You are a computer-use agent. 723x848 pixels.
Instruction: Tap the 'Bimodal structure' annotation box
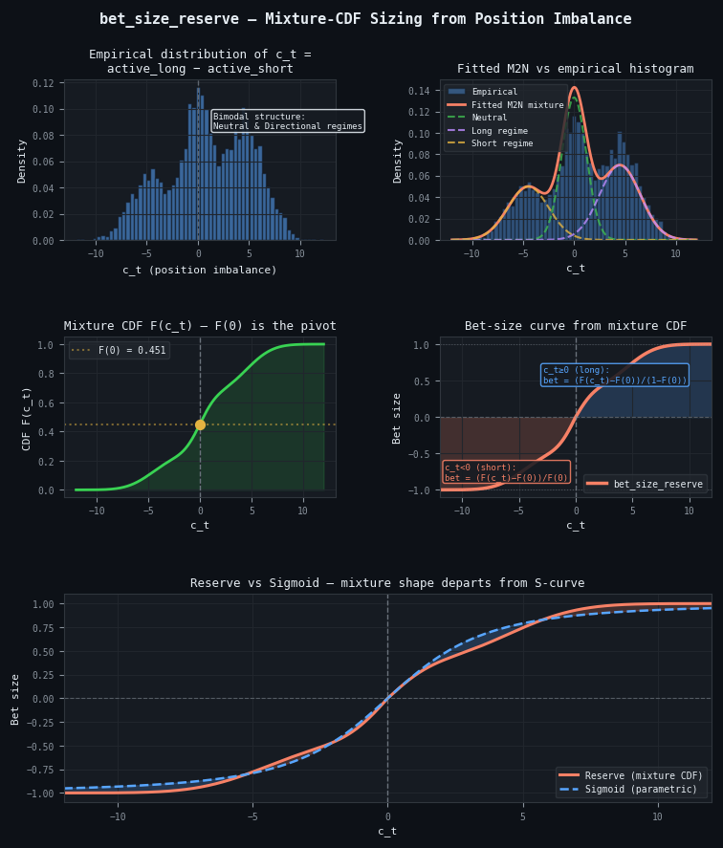pyautogui.click(x=288, y=121)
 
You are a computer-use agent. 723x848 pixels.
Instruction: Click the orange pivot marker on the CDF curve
pyautogui.click(x=200, y=424)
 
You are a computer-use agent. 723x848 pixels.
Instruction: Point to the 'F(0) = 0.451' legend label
pyautogui.click(x=131, y=351)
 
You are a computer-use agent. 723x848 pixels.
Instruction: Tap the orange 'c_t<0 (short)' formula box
pyautogui.click(x=506, y=472)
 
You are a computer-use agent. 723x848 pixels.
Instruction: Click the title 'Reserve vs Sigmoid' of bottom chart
pyautogui.click(x=387, y=583)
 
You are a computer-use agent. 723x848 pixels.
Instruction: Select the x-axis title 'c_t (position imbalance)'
pyautogui.click(x=199, y=270)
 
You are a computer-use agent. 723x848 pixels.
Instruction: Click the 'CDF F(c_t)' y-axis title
pyautogui.click(x=27, y=418)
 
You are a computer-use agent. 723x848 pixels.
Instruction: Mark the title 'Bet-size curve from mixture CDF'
pyautogui.click(x=576, y=326)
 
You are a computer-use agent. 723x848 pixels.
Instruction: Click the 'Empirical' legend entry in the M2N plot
pyautogui.click(x=494, y=92)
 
